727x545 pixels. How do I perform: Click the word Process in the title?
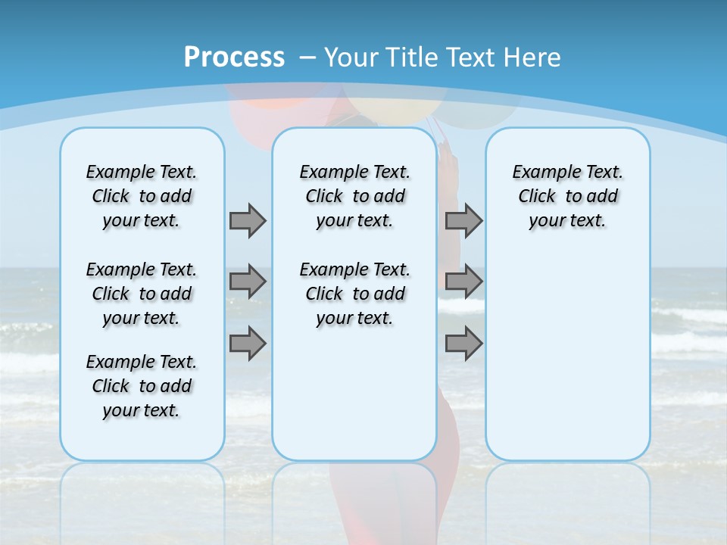click(x=234, y=58)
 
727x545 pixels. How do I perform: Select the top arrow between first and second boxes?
click(x=248, y=220)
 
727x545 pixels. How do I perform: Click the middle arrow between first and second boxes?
click(x=248, y=282)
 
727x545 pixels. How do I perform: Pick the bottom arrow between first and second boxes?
click(x=248, y=344)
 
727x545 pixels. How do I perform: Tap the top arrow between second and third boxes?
click(x=463, y=220)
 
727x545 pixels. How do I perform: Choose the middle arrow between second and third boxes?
click(x=463, y=282)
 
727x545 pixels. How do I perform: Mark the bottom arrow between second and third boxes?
click(x=463, y=344)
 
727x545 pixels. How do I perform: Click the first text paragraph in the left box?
click(x=142, y=196)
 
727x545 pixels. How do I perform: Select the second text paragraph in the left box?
click(x=142, y=294)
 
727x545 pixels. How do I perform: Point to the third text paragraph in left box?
click(x=142, y=386)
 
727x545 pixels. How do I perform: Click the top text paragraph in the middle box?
click(x=354, y=196)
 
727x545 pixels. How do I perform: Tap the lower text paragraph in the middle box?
click(x=354, y=294)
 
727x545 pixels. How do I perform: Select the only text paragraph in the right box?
click(x=567, y=196)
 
